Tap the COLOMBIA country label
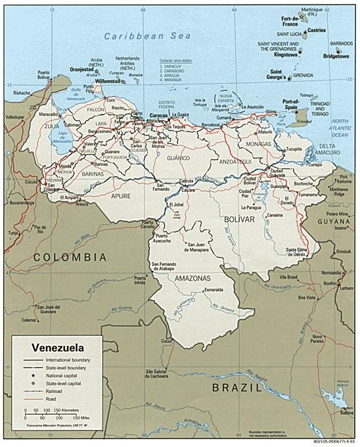point(70,256)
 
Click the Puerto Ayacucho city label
point(166,239)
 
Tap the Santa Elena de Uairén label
point(299,252)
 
